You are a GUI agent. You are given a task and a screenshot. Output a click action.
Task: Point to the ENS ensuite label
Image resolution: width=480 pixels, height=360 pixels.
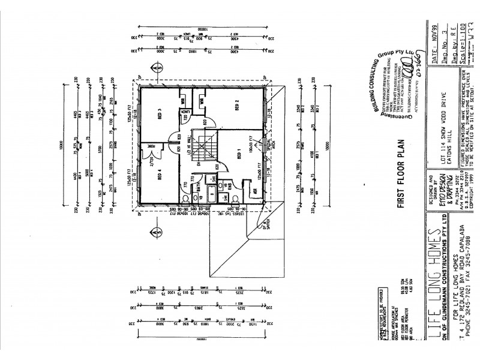pos(228,184)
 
